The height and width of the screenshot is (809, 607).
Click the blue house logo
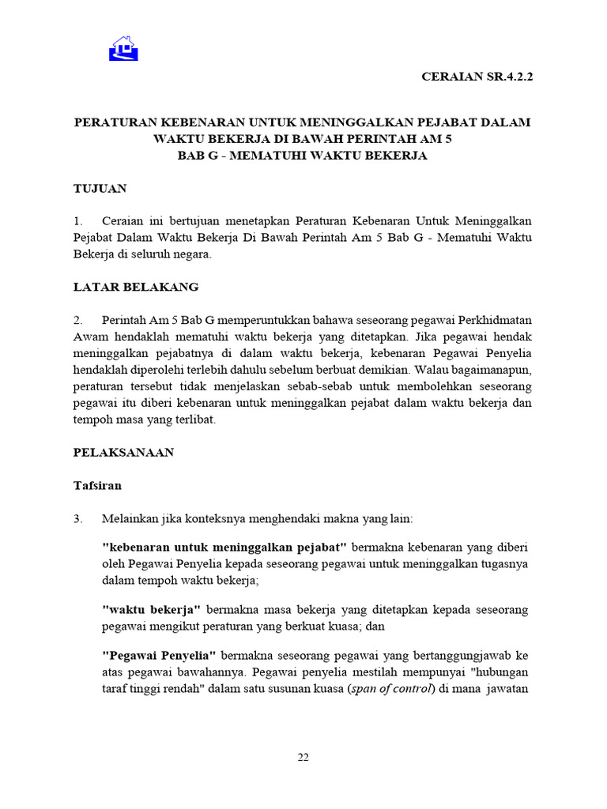click(x=123, y=49)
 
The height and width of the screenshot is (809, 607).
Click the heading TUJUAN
click(x=100, y=189)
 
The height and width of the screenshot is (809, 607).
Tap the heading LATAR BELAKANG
click(x=136, y=287)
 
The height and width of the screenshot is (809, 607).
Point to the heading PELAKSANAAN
click(x=123, y=453)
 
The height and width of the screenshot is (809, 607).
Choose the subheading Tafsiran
click(x=97, y=486)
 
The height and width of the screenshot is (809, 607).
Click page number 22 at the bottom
click(x=303, y=758)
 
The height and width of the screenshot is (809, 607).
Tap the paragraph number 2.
click(x=77, y=320)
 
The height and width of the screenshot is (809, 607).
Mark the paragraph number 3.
click(x=77, y=519)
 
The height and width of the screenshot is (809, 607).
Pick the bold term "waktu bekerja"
click(x=152, y=610)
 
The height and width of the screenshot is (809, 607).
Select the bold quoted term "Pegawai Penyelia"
click(x=159, y=656)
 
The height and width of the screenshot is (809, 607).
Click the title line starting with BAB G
click(x=303, y=156)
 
